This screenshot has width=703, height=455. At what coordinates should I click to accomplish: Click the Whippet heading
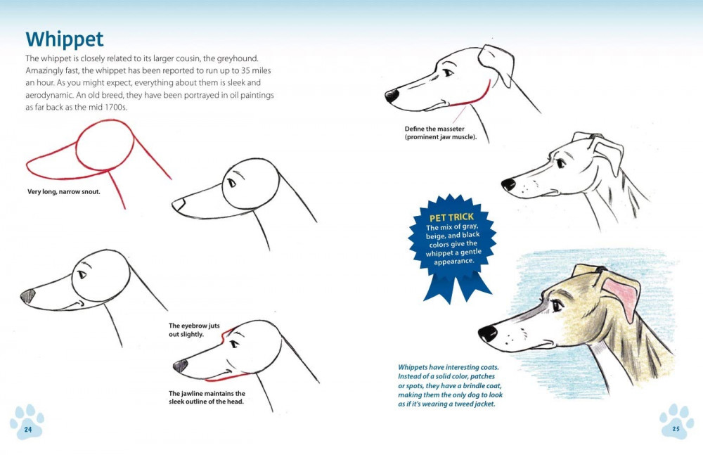[65, 39]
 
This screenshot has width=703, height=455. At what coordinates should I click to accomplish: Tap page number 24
[28, 430]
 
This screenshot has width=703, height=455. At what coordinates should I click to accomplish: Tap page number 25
[676, 428]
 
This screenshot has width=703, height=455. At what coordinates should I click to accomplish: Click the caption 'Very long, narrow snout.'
[64, 191]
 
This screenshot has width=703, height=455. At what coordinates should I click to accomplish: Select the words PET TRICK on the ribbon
[451, 217]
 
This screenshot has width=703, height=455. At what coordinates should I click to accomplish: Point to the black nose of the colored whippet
[487, 333]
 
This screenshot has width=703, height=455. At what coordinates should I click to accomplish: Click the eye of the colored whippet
[557, 306]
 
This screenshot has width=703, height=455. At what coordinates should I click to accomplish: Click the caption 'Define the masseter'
[434, 129]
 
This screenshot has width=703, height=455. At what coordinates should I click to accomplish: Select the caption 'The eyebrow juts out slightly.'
[194, 330]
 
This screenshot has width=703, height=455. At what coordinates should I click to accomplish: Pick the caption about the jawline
[207, 397]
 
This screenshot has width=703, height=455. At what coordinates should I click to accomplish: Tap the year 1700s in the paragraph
[115, 107]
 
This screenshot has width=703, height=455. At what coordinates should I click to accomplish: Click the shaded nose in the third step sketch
[28, 296]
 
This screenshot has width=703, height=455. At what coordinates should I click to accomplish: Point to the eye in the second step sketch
[231, 183]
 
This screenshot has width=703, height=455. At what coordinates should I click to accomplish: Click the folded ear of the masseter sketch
[498, 63]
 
